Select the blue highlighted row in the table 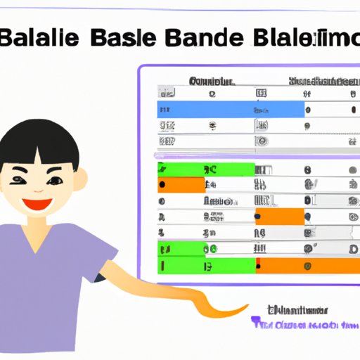231,109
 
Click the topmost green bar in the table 205,169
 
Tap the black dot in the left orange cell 162,185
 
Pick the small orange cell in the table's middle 279,217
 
